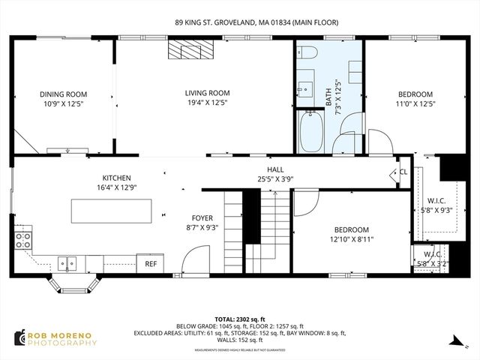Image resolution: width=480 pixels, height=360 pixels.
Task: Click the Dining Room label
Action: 64,94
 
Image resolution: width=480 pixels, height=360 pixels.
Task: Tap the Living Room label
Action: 207,93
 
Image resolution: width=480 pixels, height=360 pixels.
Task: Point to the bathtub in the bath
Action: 310,132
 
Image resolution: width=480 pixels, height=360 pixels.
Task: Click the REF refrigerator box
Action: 151,263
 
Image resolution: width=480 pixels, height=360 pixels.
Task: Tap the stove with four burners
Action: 23,241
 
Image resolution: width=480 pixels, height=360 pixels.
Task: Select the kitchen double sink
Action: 67,262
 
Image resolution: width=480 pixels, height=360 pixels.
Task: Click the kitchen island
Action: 110,210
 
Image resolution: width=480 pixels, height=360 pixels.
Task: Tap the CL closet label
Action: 403,172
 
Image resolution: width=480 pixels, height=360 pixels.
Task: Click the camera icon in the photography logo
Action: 19,339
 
